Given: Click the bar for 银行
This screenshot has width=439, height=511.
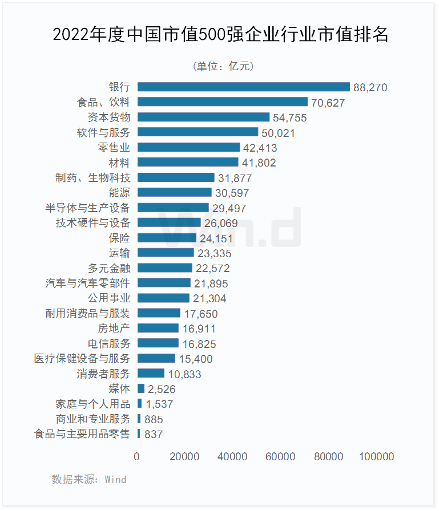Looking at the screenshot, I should coord(243,87).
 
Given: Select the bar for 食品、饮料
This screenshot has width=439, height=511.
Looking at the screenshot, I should coord(223,102).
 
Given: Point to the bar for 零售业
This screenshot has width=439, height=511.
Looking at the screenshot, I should coord(188,147).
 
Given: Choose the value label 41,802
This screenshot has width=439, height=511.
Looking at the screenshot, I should coord(259,163).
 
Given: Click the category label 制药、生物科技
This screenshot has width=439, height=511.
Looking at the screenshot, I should coord(92,177).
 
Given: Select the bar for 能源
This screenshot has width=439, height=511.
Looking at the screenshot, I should coord(174,192).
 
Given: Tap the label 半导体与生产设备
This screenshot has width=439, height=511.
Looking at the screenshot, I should coord(88,208).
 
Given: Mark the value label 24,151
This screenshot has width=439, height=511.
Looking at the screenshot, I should coord(217,238).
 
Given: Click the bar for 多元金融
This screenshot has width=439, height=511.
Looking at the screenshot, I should coord(164,268).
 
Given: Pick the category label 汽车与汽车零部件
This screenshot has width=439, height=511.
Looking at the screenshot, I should coord(88,283).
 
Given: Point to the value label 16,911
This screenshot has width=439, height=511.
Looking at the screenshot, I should coord(199,328).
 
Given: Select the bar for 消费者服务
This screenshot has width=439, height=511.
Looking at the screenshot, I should coord(151,374).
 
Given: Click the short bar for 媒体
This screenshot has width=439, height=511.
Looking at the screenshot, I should coord(140,388).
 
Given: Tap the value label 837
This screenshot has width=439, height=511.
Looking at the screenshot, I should coord(154,434).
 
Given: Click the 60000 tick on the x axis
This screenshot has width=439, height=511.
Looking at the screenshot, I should coord(281,457).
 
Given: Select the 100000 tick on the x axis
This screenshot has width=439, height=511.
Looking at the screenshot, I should coord(377,457).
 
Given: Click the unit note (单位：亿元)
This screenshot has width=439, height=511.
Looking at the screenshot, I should coord(223,66).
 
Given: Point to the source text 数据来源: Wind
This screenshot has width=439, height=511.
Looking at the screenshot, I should coord(89,479).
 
